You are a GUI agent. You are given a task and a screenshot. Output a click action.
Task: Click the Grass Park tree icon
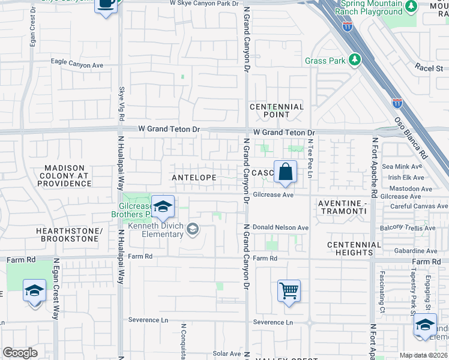point(355,60)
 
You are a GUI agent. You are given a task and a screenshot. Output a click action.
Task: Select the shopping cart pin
point(289,291)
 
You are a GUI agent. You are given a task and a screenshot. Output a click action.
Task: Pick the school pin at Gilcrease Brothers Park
point(162,207)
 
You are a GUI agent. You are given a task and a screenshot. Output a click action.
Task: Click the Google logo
point(20,353)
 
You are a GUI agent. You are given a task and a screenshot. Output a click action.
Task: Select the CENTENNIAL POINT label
point(277,111)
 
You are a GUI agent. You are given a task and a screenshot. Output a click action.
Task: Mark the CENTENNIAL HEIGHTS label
point(354,249)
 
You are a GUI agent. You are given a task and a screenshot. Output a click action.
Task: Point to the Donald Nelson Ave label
point(280,228)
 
